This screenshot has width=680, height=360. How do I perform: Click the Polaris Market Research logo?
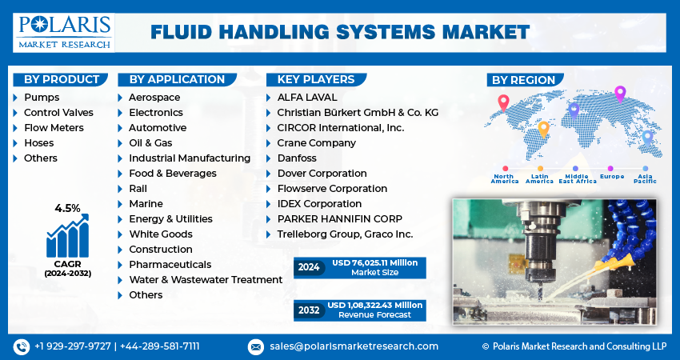coord(65,31)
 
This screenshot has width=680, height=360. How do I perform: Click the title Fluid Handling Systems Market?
coord(340,32)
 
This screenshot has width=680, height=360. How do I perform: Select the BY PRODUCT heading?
coord(61,79)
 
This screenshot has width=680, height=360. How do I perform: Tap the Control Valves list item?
coord(58,113)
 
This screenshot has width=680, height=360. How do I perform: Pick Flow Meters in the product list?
coord(54,128)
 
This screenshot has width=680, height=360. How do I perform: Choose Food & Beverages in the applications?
coord(172,174)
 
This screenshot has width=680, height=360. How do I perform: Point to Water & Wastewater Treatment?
coord(206,280)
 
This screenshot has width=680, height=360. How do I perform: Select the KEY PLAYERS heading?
coord(315,79)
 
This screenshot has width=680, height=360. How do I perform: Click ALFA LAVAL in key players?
coord(307,98)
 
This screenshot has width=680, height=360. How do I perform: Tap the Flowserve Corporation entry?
coord(332,189)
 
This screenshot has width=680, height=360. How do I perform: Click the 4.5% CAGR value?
coord(67,208)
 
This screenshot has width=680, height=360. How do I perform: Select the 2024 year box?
coord(308,267)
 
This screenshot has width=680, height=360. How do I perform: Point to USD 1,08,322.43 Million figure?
coord(374,305)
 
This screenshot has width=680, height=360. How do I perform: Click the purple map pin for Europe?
coord(619,94)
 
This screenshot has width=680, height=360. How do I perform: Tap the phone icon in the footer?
coord(21,346)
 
